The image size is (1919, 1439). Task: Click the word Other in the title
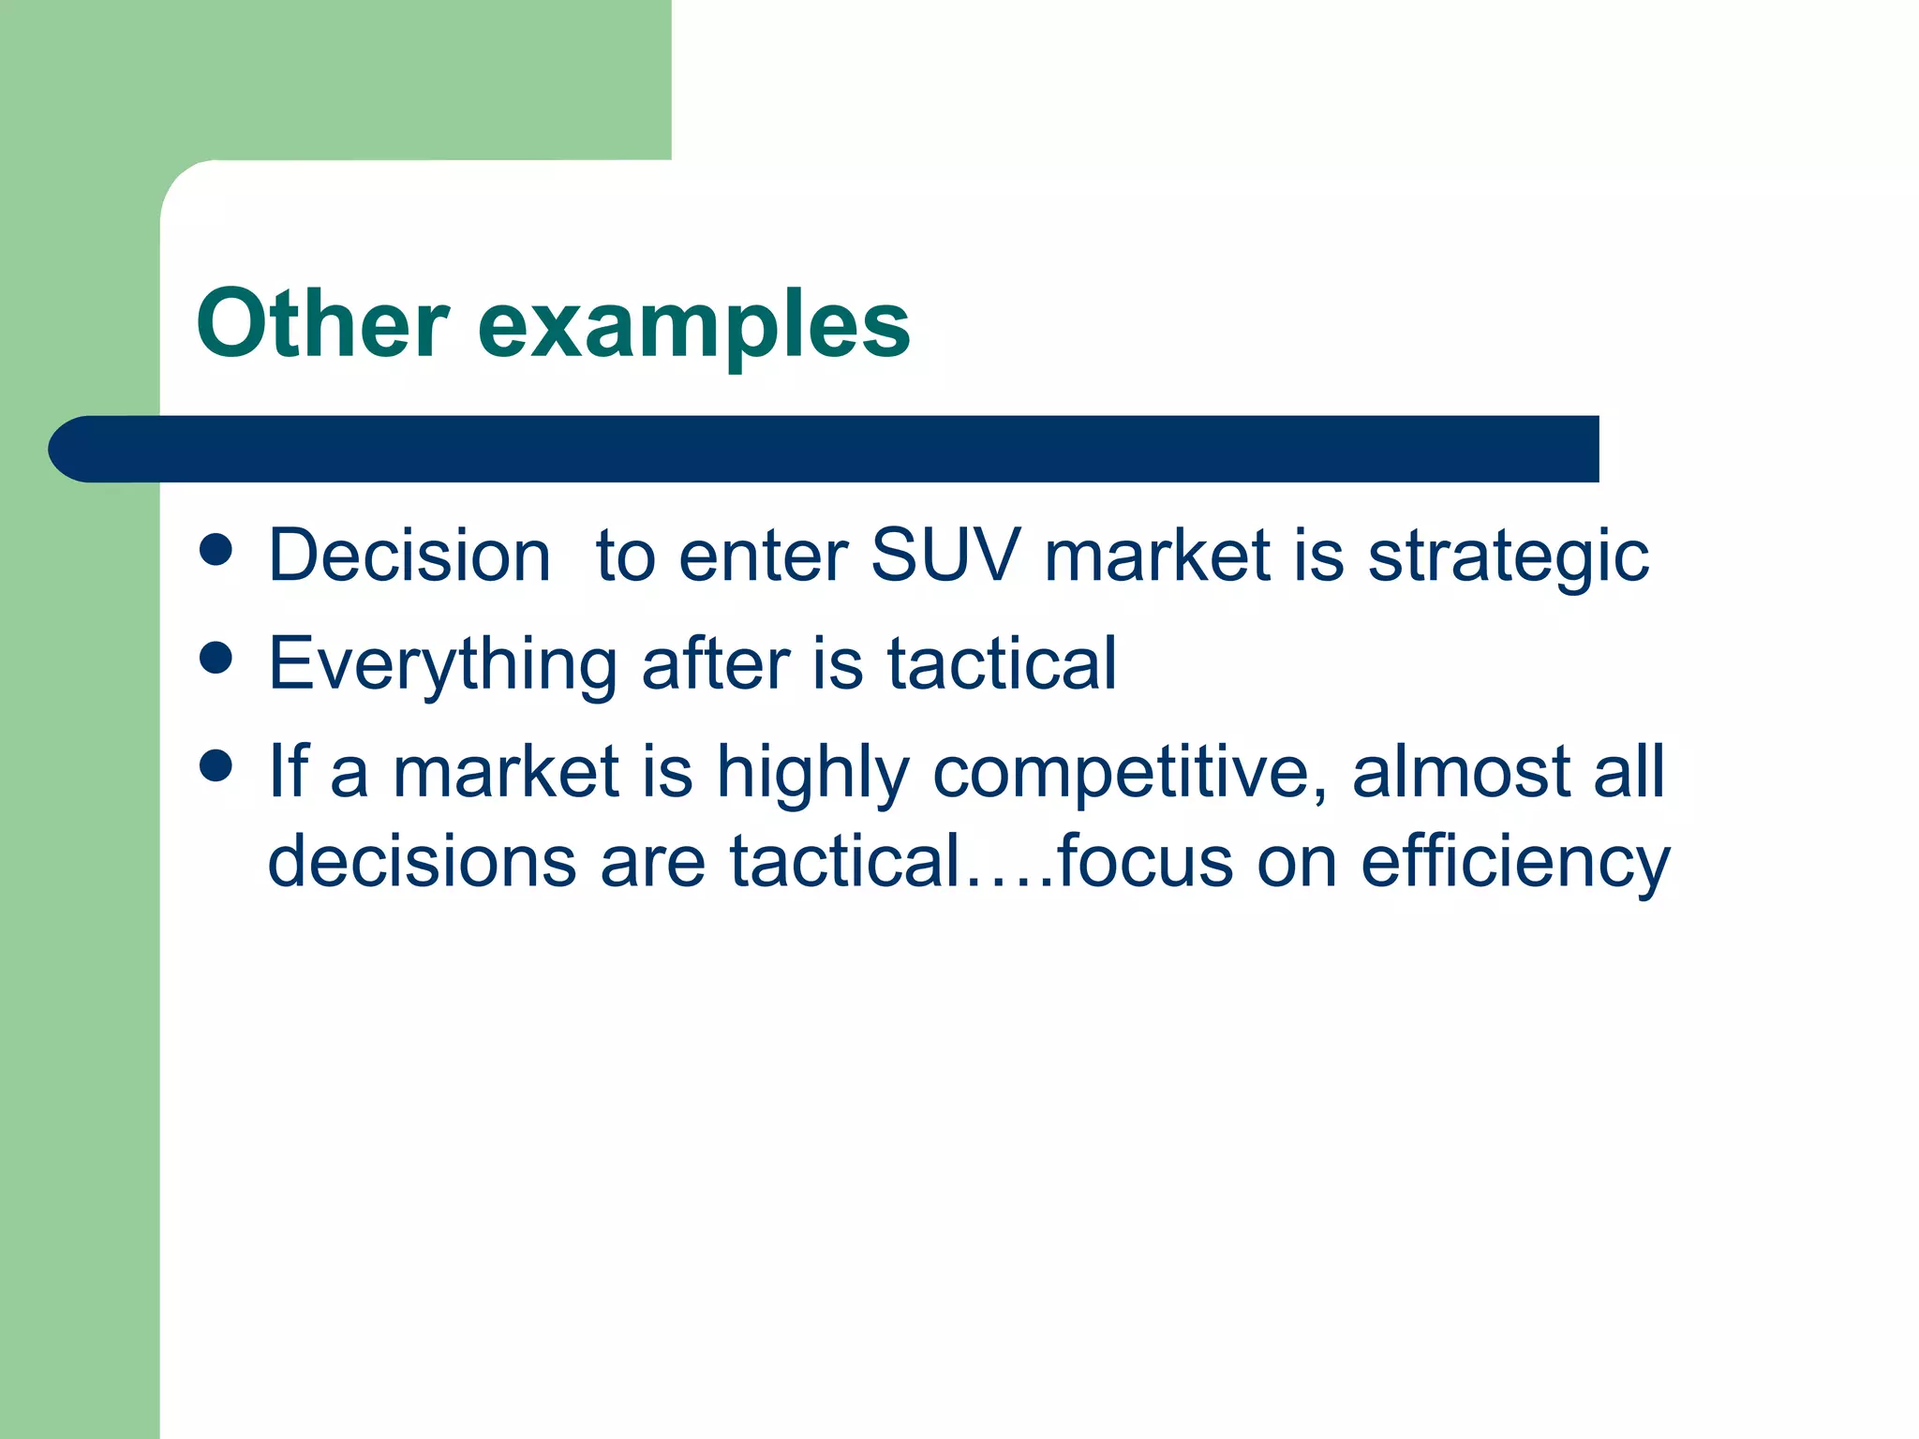pyautogui.click(x=322, y=324)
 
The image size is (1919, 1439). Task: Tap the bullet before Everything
pyautogui.click(x=216, y=658)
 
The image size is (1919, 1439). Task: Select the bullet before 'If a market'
pyautogui.click(x=216, y=765)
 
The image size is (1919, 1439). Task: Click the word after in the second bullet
pyautogui.click(x=715, y=662)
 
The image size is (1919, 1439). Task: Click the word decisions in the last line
pyautogui.click(x=422, y=860)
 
